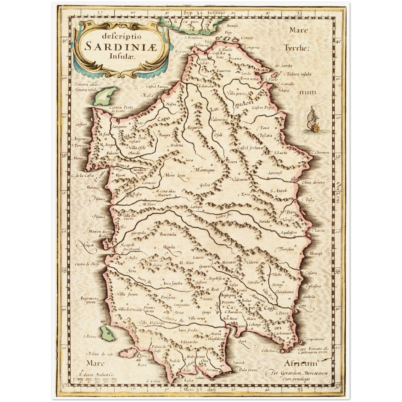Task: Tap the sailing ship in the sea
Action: pyautogui.click(x=314, y=120)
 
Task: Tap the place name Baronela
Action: pyautogui.click(x=168, y=234)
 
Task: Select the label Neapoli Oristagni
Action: pyautogui.click(x=131, y=247)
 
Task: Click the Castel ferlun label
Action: pyautogui.click(x=250, y=148)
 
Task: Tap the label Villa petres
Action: pyautogui.click(x=237, y=94)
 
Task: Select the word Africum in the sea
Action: pyautogui.click(x=301, y=363)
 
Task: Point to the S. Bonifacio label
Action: pyautogui.click(x=193, y=37)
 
